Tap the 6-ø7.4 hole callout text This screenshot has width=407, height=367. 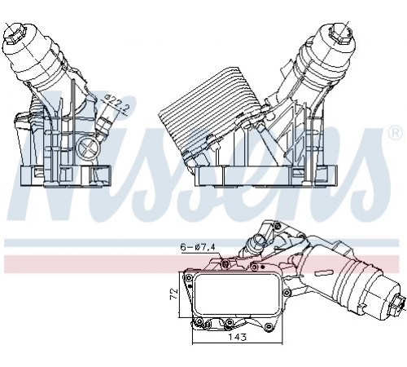[198, 247]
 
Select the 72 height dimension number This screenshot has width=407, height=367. [173, 294]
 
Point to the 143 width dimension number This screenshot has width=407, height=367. [237, 337]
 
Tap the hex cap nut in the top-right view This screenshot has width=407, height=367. [339, 33]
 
